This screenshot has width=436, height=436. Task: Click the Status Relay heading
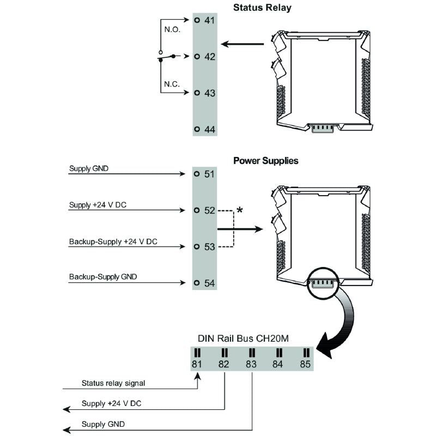(x=262, y=8)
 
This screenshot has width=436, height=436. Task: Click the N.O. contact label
(x=172, y=29)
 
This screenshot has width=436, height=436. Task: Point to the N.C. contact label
(x=172, y=84)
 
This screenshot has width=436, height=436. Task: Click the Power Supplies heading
(x=266, y=161)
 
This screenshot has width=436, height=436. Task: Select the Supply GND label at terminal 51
(x=89, y=168)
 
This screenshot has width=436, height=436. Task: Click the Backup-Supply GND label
(x=103, y=277)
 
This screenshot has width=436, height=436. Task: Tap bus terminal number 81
(x=197, y=364)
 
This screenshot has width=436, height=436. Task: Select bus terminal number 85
(x=305, y=364)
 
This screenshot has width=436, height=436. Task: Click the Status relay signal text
(x=113, y=383)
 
